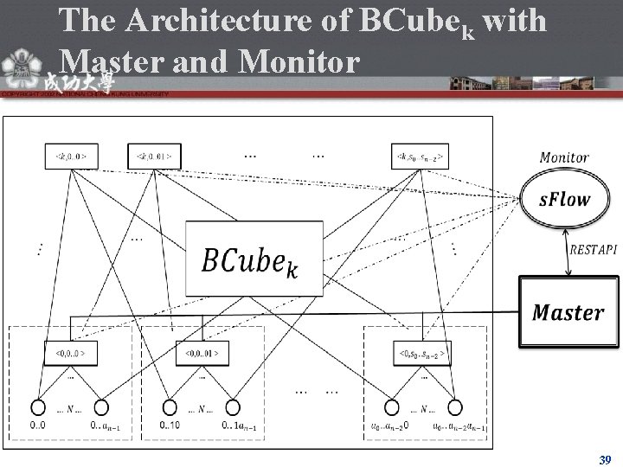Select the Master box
(568, 312)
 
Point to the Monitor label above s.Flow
(564, 157)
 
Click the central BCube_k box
(254, 259)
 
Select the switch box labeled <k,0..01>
(154, 157)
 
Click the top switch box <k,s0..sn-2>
(420, 157)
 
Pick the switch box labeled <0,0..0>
(72, 353)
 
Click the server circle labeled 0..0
(39, 408)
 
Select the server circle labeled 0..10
(169, 408)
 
